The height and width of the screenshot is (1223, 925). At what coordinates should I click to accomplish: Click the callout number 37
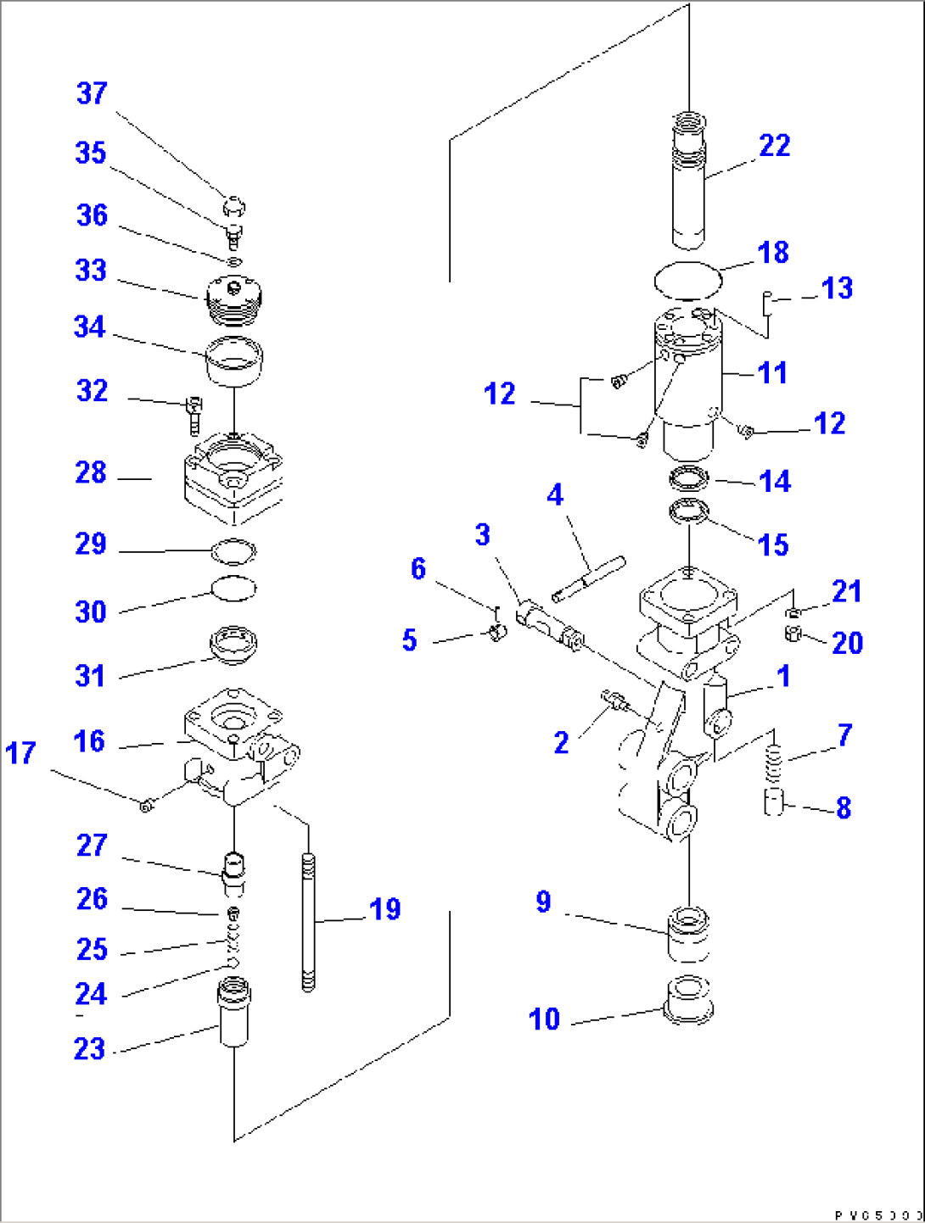point(92,93)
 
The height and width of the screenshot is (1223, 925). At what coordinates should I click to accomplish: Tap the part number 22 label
point(774,146)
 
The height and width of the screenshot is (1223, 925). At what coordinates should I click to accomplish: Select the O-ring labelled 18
point(687,280)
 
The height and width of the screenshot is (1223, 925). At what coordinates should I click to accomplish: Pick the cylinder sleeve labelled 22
point(688,182)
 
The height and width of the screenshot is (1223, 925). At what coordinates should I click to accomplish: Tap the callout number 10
point(544,1019)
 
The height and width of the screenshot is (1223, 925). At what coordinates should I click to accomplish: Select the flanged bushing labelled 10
point(687,1001)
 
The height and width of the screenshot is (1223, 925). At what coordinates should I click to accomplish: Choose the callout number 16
point(89,741)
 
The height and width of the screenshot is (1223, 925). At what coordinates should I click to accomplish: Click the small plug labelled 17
point(146,804)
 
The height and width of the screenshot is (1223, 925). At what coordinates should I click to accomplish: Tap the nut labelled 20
point(793,633)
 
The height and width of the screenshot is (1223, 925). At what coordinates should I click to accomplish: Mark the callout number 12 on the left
point(500,394)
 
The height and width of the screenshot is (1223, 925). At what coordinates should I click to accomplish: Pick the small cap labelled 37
point(233,205)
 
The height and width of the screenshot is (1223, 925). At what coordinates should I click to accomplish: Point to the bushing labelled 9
point(688,933)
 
